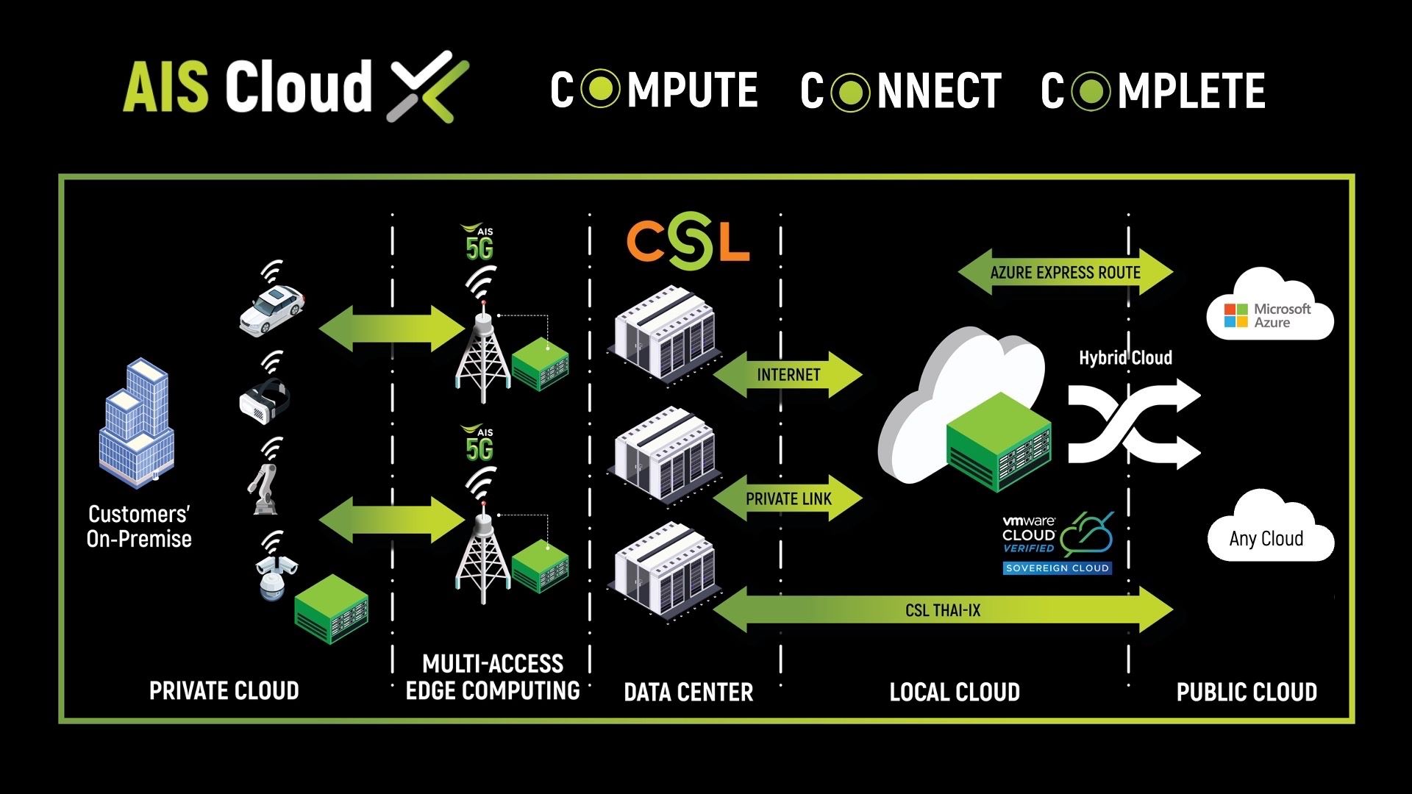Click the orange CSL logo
coord(688,240)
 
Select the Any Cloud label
coord(1266,539)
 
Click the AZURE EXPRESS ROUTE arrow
coord(1065,273)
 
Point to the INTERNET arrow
coord(788,375)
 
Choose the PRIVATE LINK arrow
coord(788,499)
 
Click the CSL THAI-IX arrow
coord(943,610)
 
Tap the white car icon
coord(271,309)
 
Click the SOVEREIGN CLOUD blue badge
coord(1057,568)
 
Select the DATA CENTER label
coord(688,692)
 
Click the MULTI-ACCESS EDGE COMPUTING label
coord(493,677)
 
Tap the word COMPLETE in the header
coord(1152,90)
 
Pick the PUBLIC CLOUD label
coord(1247,692)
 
